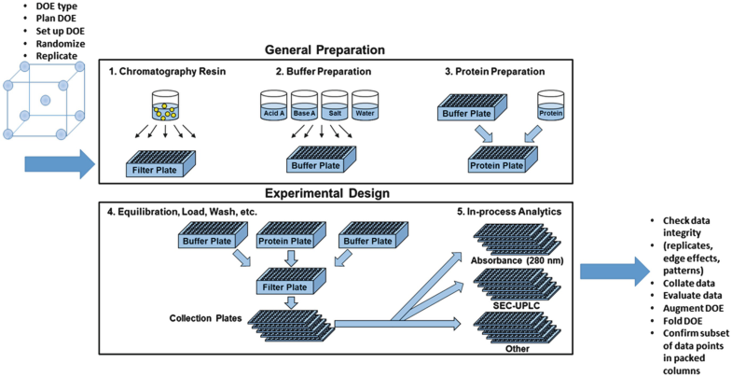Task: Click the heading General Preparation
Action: (x=325, y=50)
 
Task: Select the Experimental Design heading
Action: (x=327, y=193)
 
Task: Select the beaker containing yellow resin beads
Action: (x=165, y=105)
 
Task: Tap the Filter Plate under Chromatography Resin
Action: (x=161, y=163)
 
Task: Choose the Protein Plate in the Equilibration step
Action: (x=291, y=235)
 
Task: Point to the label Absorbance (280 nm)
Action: (x=518, y=260)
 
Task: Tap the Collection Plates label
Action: (x=206, y=318)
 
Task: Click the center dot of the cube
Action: (x=46, y=100)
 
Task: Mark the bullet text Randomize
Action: (x=61, y=44)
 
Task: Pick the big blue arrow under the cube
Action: (x=60, y=164)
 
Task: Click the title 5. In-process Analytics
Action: (x=508, y=212)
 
